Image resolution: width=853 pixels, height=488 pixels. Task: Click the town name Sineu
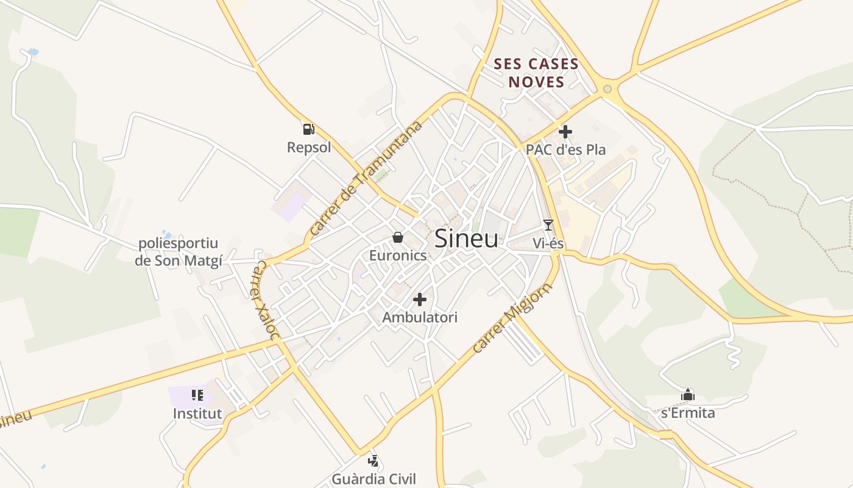466,239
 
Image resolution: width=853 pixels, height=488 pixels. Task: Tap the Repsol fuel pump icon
308,129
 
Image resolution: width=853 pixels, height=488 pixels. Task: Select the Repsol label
309,147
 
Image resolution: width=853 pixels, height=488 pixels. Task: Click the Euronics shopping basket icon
398,237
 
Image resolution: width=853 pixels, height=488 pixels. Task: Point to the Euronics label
398,255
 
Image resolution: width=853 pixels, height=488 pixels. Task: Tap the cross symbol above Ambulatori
420,300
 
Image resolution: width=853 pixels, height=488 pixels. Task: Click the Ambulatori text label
420,317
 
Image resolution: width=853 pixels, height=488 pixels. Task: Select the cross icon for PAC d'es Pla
565,131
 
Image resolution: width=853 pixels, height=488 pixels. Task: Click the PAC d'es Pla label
565,149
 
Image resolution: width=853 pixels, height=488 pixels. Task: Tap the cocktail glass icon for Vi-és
548,225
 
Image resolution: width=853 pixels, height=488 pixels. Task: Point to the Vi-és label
548,243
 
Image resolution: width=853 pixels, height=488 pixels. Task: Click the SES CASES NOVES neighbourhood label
536,73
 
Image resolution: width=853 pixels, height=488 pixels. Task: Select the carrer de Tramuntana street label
366,178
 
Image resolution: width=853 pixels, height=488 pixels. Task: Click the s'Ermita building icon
688,395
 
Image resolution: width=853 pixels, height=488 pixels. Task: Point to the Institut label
197,414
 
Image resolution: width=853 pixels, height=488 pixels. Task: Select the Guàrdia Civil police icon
373,461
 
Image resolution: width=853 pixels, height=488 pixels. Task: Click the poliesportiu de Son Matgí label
179,252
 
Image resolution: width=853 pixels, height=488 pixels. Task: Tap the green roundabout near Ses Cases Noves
607,90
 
